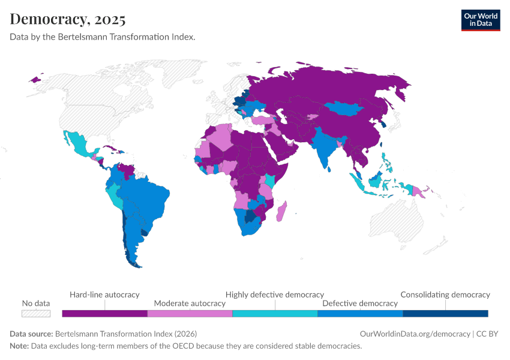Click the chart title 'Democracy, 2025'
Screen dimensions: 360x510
point(68,19)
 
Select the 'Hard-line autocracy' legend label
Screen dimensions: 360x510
point(104,295)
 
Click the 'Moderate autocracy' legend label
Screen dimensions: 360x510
point(190,304)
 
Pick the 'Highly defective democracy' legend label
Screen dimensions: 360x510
point(275,295)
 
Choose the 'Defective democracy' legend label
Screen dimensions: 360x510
point(360,304)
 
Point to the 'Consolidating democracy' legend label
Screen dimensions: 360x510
point(445,295)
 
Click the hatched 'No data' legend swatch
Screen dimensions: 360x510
point(36,313)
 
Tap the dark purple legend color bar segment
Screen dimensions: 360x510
point(104,313)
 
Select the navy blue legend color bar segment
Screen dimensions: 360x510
point(445,313)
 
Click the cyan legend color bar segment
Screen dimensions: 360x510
point(275,313)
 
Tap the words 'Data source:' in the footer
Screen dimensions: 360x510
point(31,334)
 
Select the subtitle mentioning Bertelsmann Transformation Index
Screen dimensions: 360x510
point(103,37)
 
